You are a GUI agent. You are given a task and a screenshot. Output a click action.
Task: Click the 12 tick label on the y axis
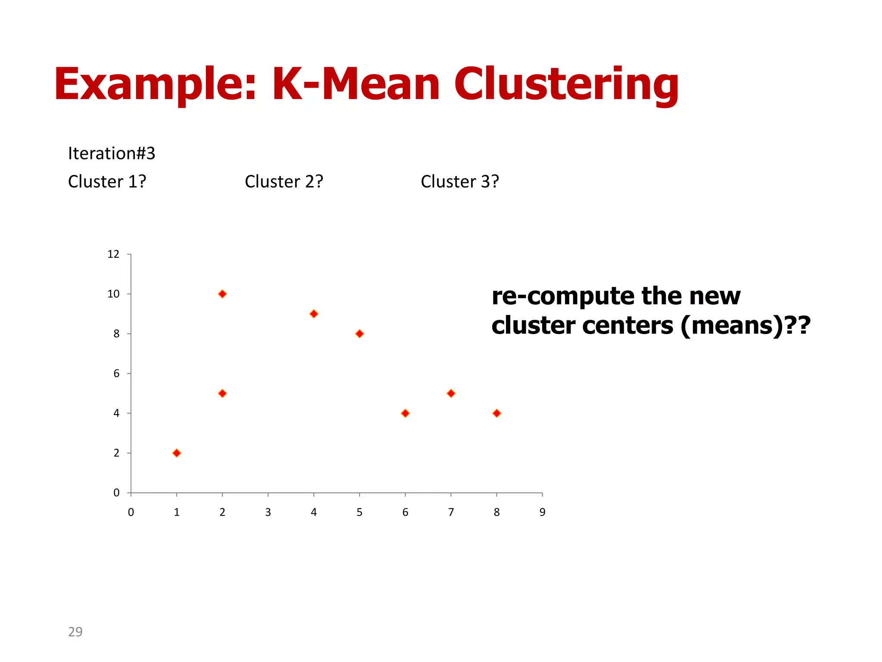pos(113,254)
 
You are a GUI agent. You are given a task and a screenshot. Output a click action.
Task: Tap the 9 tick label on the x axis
pos(542,512)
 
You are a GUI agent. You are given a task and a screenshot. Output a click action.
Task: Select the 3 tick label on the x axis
pos(268,512)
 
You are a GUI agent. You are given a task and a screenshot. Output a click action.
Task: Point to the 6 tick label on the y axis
pos(116,374)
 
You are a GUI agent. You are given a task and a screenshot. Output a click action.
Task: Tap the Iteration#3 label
pos(112,153)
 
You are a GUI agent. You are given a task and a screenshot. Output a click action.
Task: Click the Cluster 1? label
pos(107,181)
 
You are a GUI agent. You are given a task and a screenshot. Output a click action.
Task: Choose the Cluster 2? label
pos(284,181)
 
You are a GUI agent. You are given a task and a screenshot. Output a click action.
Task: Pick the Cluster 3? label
pos(460,181)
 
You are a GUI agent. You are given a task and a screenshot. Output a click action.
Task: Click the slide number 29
pos(75,632)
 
